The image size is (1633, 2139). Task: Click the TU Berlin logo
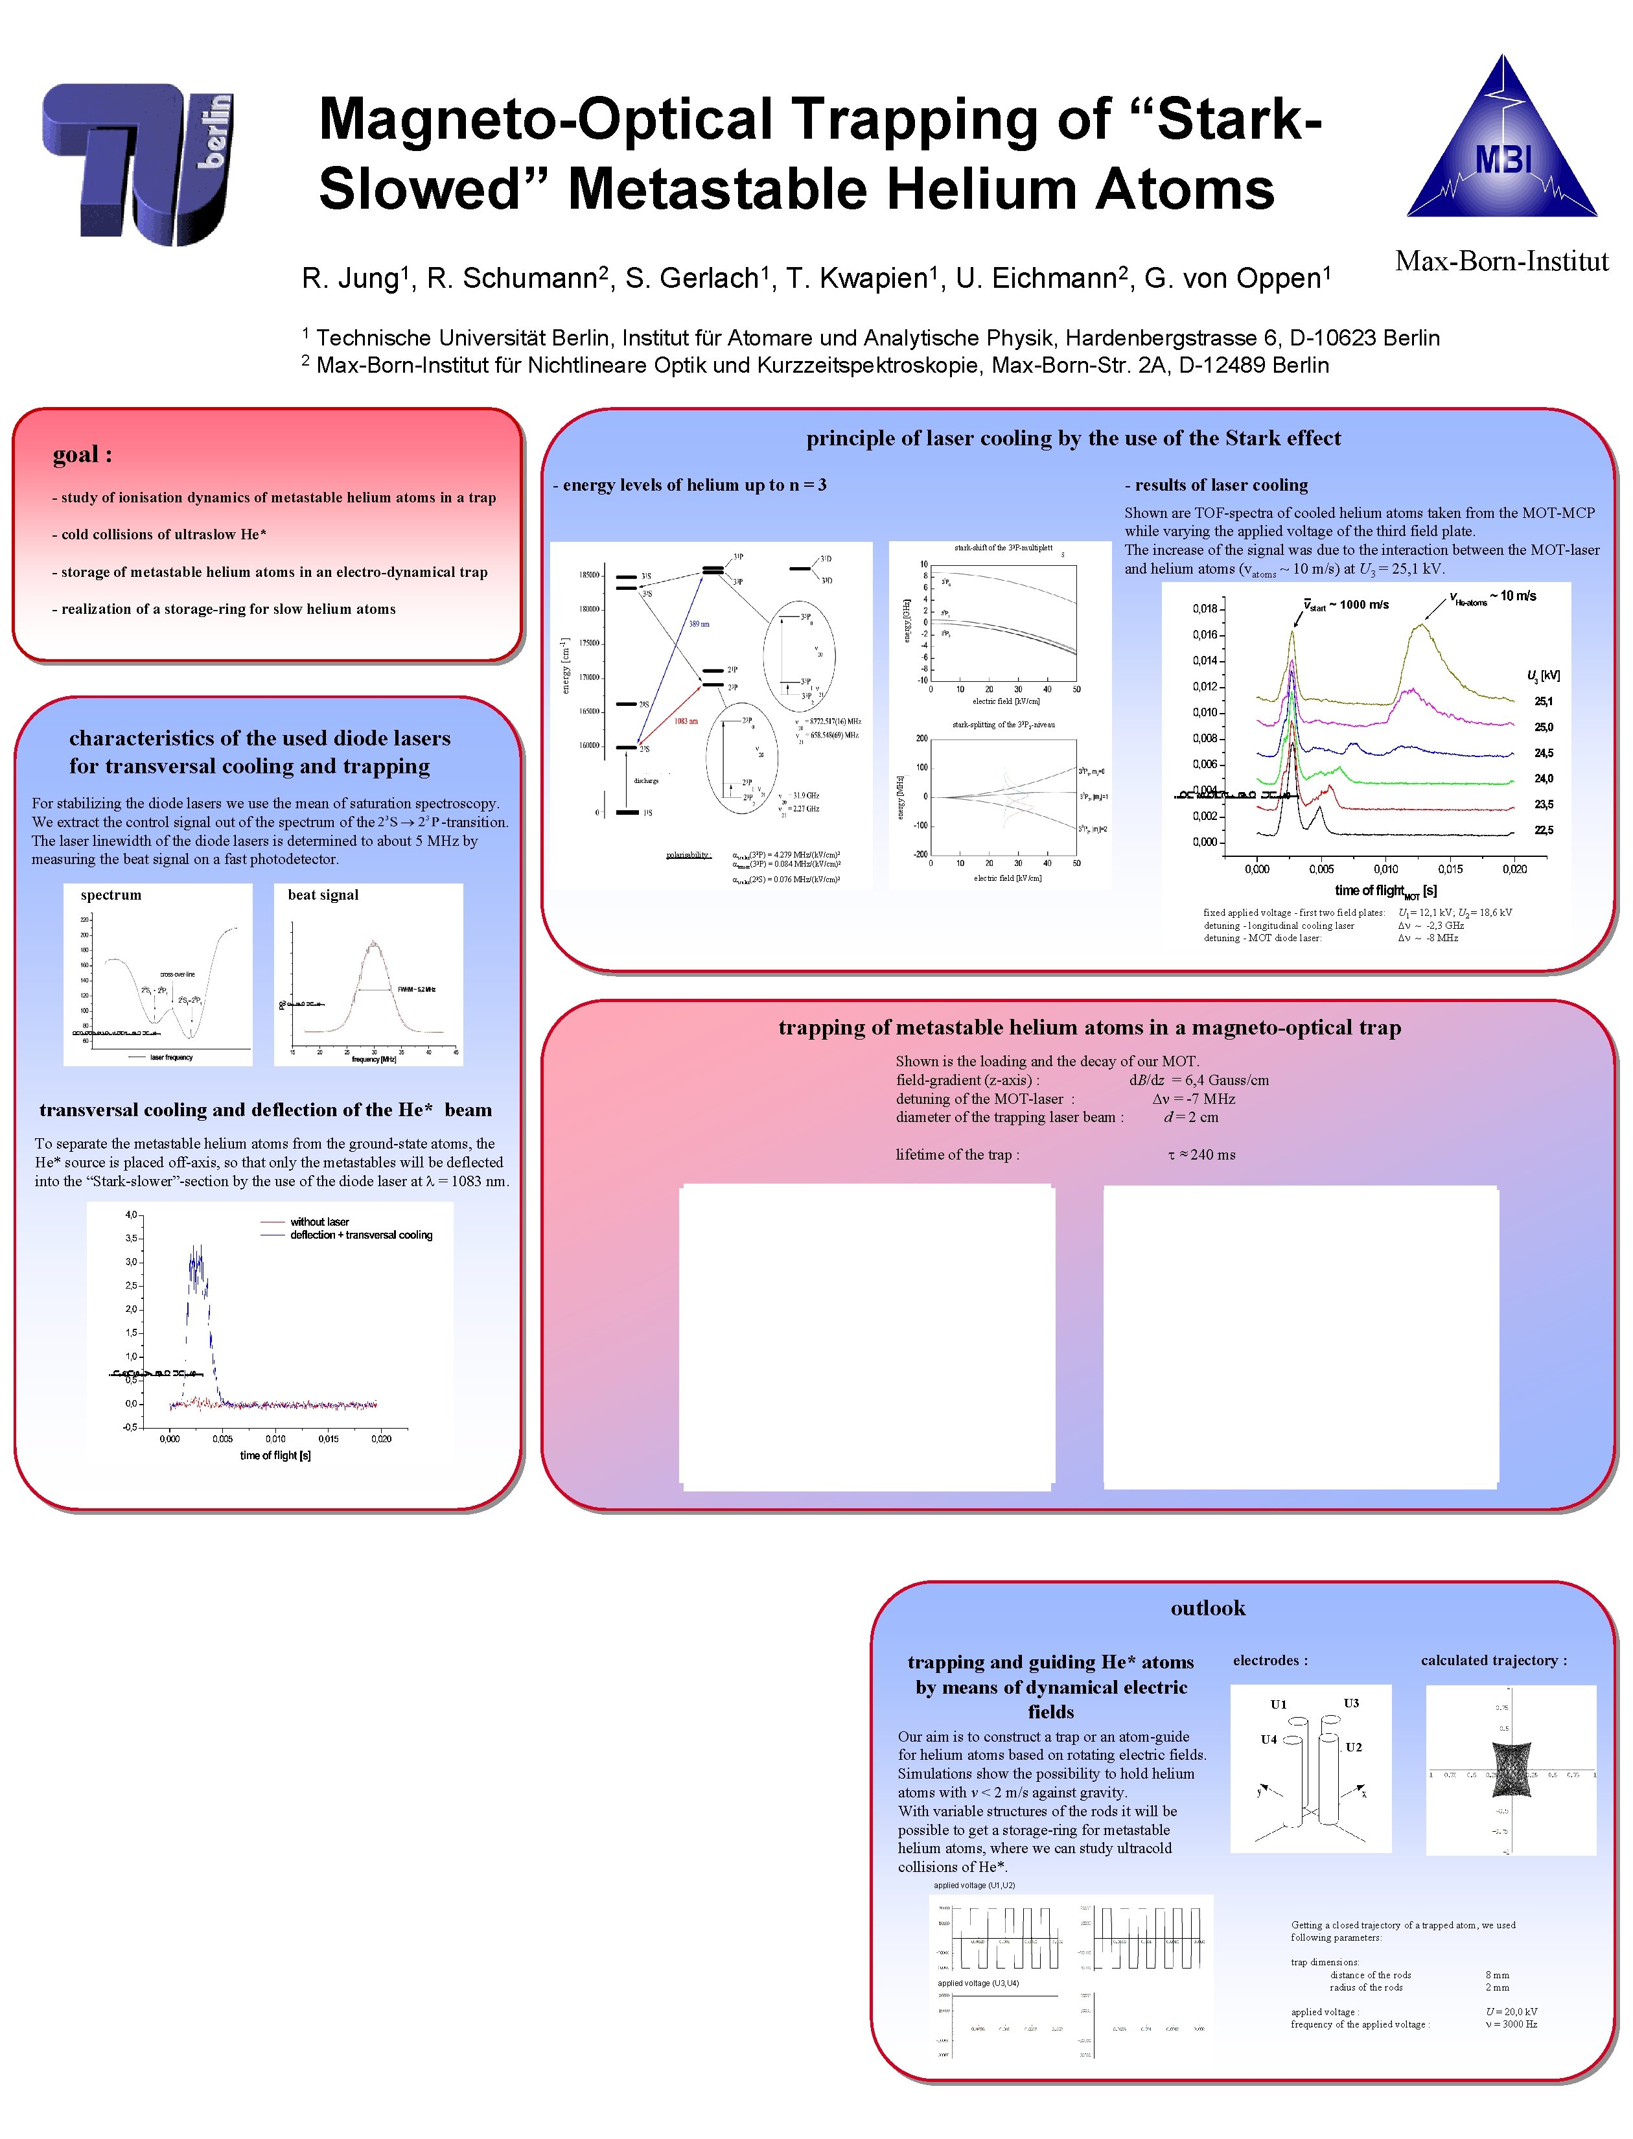(137, 163)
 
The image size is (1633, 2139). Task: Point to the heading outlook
(1207, 1607)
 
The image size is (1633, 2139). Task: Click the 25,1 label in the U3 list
(1544, 701)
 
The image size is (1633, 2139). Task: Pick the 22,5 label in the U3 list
(1544, 830)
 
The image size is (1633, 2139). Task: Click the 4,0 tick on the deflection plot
(131, 1215)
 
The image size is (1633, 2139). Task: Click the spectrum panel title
(111, 894)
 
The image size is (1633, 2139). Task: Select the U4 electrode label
(1269, 1740)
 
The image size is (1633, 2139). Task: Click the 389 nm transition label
(699, 624)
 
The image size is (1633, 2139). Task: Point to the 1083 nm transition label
(686, 721)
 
